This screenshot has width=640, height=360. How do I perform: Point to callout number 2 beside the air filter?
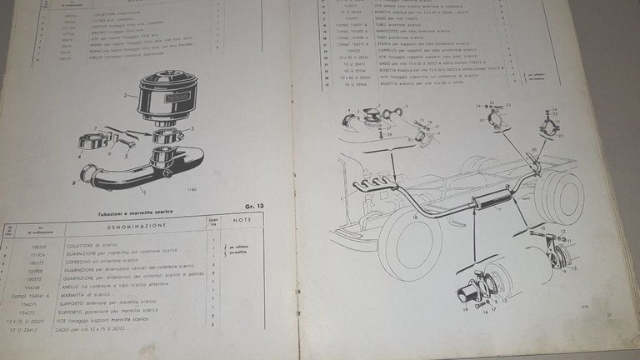[126, 97]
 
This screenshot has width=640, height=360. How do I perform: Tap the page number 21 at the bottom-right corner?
[609, 315]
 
